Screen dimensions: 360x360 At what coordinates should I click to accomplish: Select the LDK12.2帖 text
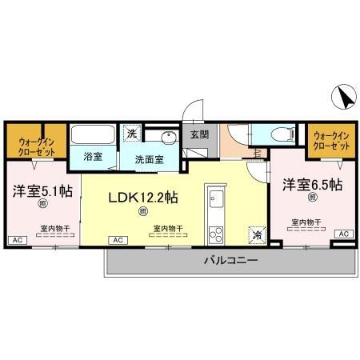[x=143, y=197]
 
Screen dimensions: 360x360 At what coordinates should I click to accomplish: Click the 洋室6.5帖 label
[x=312, y=185]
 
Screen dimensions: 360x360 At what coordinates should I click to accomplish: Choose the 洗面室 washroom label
[x=149, y=158]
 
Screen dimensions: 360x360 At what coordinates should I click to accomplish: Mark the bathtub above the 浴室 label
[x=92, y=134]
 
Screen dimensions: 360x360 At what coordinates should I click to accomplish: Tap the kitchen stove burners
[x=215, y=234]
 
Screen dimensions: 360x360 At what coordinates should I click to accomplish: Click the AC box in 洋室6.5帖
[x=343, y=234]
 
